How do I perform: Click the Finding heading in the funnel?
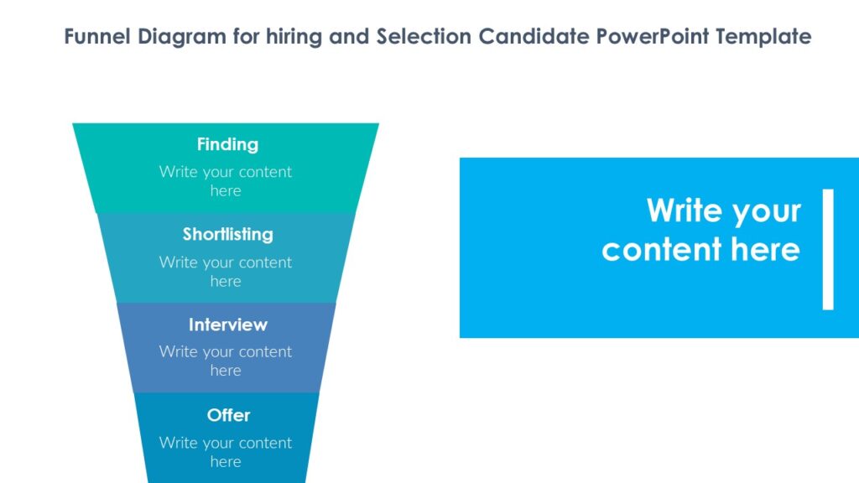tap(227, 144)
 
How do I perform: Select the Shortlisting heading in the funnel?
tap(227, 234)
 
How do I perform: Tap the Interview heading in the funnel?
tap(227, 325)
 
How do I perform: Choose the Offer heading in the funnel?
tap(228, 415)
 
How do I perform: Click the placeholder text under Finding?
tap(226, 181)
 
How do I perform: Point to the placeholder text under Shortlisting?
tap(226, 272)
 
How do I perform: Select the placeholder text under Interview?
tap(226, 361)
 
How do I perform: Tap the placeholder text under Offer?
tap(226, 452)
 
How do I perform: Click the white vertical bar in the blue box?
tap(828, 249)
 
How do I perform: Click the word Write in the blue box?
tap(681, 210)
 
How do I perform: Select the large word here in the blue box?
tap(765, 250)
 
